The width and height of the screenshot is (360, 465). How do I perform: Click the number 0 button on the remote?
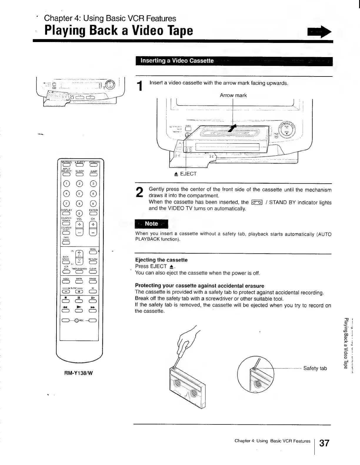(x=79, y=214)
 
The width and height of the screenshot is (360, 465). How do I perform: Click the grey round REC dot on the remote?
(x=77, y=321)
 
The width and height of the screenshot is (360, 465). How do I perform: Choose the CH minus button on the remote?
(x=93, y=233)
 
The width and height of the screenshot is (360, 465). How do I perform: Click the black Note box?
(x=151, y=224)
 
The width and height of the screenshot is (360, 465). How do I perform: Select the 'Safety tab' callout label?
(x=315, y=368)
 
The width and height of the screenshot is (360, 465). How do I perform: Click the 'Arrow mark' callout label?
(x=233, y=95)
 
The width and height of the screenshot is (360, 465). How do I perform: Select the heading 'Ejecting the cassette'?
(x=161, y=260)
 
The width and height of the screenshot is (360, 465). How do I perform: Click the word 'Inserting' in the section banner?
(x=153, y=61)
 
